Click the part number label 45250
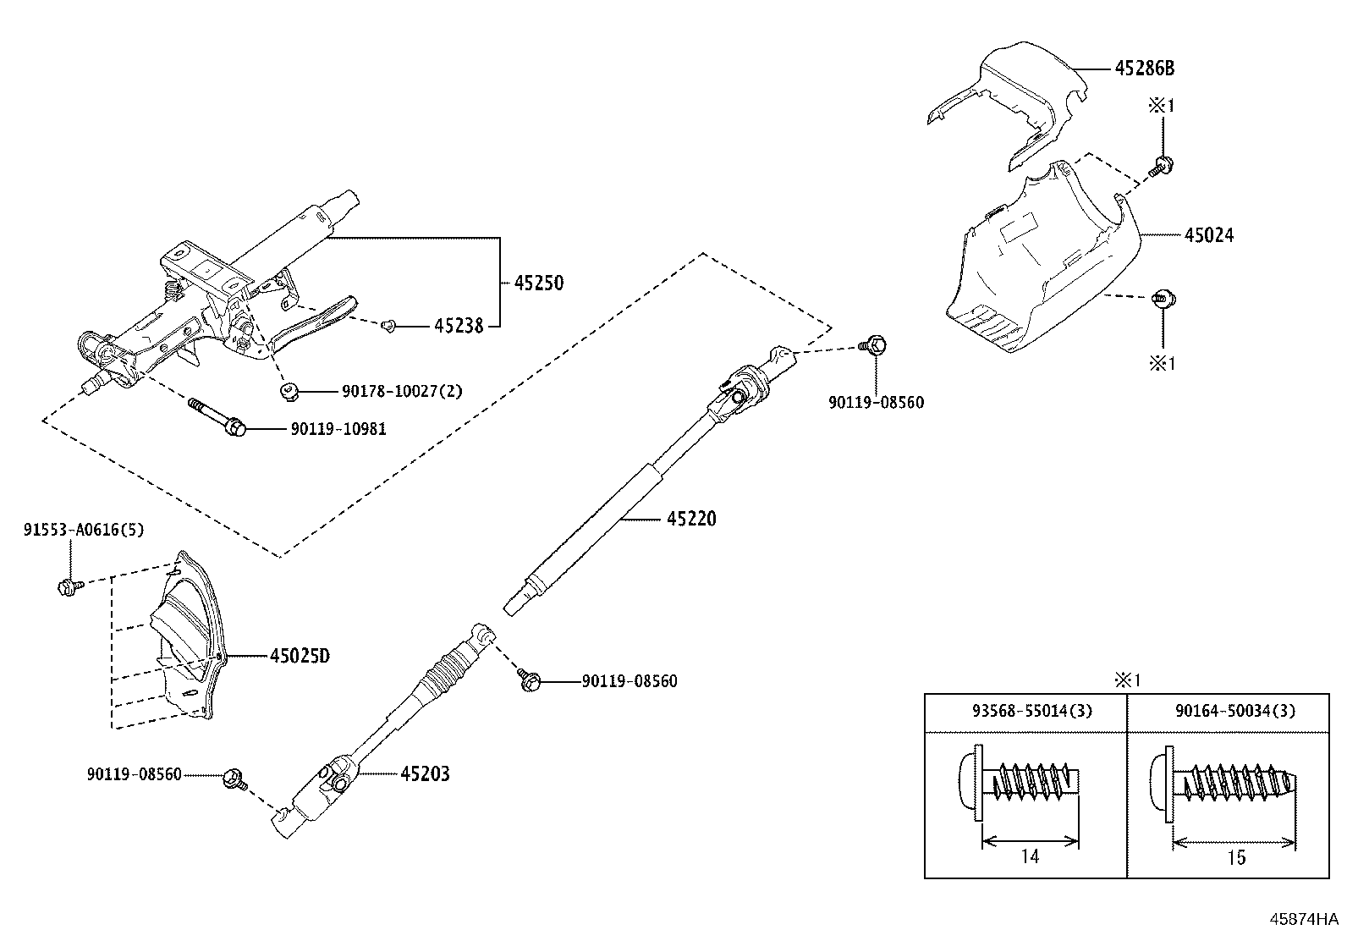538,283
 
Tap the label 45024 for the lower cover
1208,235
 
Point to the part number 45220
690,519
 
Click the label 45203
425,773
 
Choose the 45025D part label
299,656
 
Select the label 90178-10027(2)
402,392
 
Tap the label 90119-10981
338,429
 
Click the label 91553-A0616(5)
83,531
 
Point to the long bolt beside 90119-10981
216,417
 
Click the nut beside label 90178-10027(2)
288,391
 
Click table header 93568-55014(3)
1025,712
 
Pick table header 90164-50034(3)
1234,712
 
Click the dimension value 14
1030,856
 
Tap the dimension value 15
1236,858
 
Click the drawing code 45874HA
1303,918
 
